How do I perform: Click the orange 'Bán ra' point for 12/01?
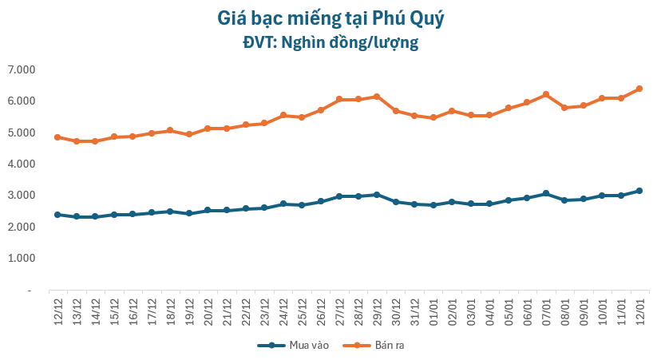[639, 89]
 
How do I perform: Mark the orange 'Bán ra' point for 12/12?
[57, 137]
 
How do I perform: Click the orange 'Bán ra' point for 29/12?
[377, 97]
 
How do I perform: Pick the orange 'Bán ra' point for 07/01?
[546, 94]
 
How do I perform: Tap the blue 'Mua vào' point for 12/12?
[57, 215]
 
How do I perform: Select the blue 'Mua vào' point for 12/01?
[639, 191]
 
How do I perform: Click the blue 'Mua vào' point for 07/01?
[546, 193]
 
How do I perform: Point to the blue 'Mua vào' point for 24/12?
[283, 204]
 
